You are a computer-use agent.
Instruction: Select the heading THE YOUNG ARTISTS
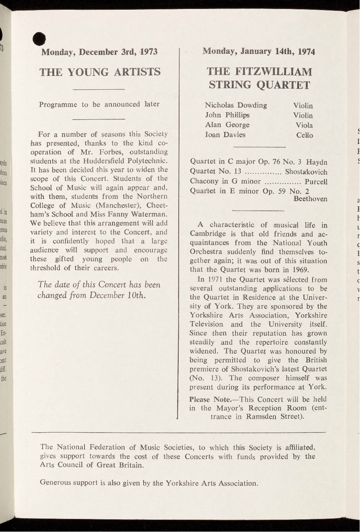tap(100, 72)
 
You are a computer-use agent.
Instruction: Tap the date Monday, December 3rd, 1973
tap(99, 52)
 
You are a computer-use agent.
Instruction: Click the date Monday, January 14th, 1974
tap(259, 51)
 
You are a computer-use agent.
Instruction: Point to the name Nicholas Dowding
tap(236, 105)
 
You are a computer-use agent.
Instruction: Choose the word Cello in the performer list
tap(304, 135)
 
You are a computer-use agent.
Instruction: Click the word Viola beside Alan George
tap(304, 125)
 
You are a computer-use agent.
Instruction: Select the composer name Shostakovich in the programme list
tap(306, 172)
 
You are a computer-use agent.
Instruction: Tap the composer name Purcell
tap(316, 182)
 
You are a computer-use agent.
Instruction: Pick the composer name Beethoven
tap(310, 199)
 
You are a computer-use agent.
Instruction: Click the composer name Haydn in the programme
tap(317, 162)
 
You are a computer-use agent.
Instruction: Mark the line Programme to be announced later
tap(99, 104)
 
